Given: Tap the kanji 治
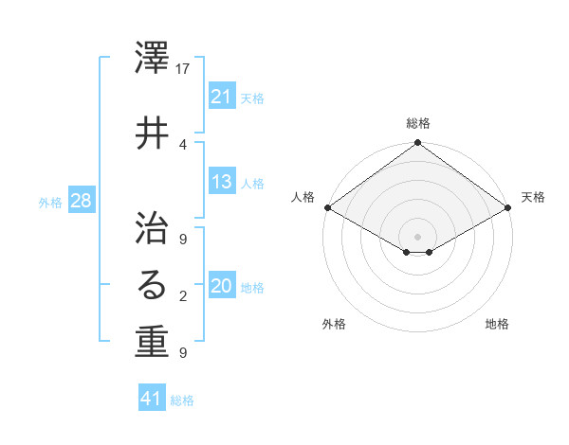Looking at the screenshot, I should point(152,223).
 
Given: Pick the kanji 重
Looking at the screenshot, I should point(152,342).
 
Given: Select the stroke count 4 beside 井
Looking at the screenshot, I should point(183,144).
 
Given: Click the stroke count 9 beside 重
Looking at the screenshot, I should point(183,353).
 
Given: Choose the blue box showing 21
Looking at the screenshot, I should point(222,97).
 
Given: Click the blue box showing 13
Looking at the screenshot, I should point(222,183).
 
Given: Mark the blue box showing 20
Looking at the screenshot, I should point(222,287).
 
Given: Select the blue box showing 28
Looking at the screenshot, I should point(81,201).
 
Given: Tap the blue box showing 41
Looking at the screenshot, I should point(152,399).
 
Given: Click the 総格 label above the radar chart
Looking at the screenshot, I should point(418,123).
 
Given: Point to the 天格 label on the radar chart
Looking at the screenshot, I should point(533,197).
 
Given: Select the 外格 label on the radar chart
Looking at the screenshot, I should point(334,325).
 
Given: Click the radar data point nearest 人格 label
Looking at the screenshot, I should point(327,207).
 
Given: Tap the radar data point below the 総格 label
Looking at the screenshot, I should point(418,144).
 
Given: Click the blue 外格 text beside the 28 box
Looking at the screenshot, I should point(50,202).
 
